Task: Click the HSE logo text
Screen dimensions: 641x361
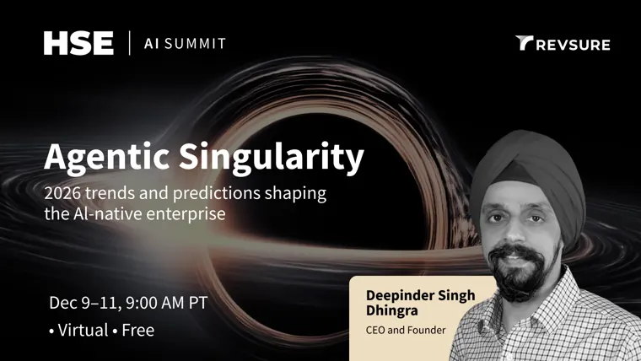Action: [x=78, y=43]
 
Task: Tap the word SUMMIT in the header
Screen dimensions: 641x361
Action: [x=195, y=43]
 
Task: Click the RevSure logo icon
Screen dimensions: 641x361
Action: [x=524, y=43]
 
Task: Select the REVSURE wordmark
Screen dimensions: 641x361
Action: [x=574, y=45]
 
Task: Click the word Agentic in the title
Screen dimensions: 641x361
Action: [x=107, y=158]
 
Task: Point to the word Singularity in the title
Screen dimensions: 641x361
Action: [x=272, y=158]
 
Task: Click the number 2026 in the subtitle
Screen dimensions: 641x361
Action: [x=62, y=193]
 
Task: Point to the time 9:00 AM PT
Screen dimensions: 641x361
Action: [x=167, y=303]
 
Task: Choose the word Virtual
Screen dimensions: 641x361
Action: [x=83, y=331]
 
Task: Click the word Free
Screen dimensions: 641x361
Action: [x=137, y=331]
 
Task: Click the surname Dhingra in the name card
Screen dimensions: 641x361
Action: [x=392, y=310]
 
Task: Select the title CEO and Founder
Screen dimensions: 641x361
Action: [x=406, y=330]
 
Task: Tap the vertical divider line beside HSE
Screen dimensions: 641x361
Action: [x=130, y=43]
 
